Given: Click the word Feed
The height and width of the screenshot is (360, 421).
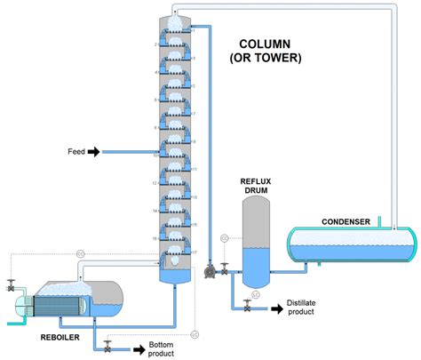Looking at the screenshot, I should click(x=76, y=152).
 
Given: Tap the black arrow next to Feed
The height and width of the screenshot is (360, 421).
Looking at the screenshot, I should click(x=95, y=152).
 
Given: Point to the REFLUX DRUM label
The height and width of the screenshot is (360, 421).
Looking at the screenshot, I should click(x=256, y=184).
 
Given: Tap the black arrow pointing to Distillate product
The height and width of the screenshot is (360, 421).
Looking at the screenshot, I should click(x=274, y=308).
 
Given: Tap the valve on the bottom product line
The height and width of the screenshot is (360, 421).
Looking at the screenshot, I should click(x=107, y=345).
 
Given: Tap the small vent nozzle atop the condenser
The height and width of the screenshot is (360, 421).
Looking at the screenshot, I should click(x=379, y=221).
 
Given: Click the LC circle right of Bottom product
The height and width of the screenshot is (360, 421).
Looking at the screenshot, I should click(x=195, y=334).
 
